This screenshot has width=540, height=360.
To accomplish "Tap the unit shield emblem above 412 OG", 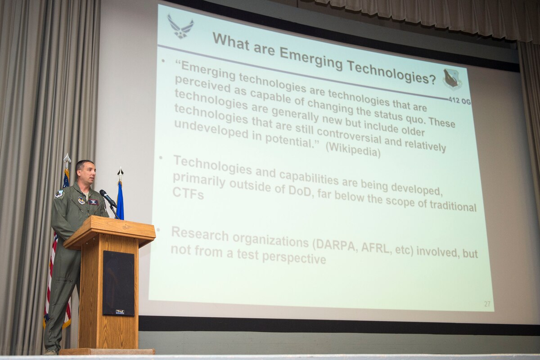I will coord(452,78).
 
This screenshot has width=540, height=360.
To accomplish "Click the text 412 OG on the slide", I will coord(459,101).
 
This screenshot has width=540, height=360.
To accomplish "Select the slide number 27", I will coord(487,304).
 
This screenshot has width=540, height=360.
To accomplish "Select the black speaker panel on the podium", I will coord(118,283).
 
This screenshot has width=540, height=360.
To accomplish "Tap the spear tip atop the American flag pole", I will coord(67,158).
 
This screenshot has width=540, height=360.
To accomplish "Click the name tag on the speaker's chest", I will coord(94,202).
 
